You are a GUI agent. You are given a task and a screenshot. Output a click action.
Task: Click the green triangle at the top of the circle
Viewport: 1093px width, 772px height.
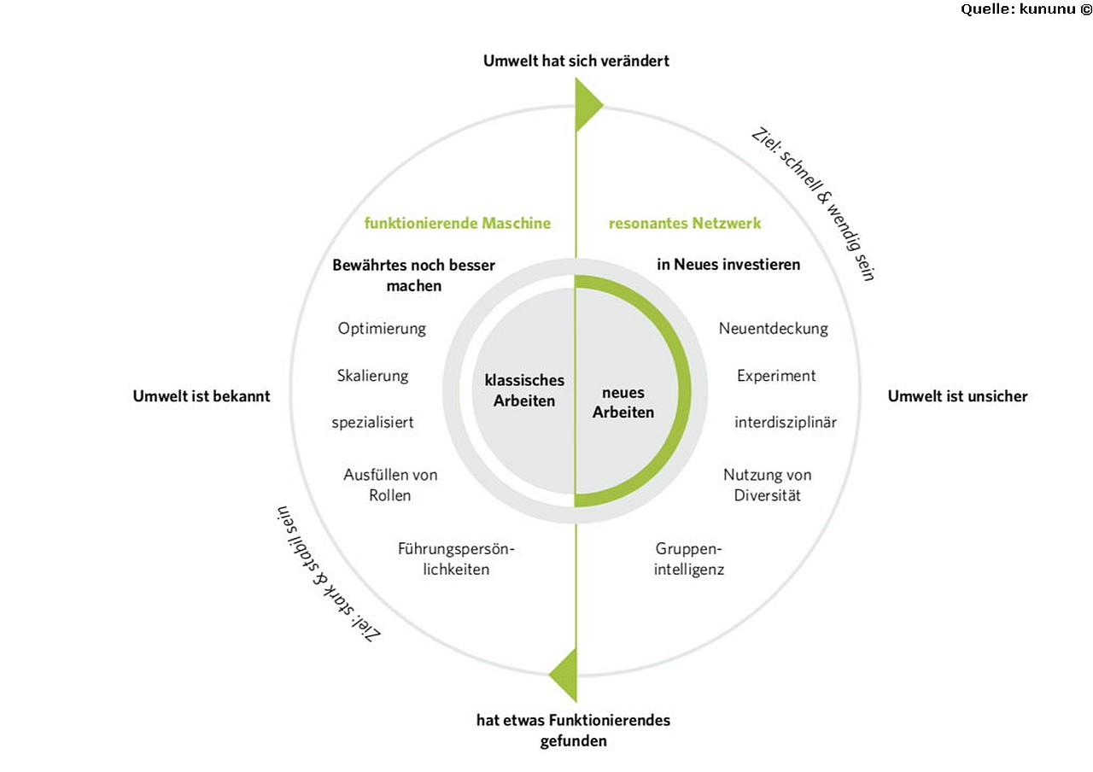[587, 104]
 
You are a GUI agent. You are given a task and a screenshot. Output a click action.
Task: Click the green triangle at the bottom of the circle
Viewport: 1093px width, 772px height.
[566, 675]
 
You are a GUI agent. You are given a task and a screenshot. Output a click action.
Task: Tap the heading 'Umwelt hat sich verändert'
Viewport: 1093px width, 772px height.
[576, 61]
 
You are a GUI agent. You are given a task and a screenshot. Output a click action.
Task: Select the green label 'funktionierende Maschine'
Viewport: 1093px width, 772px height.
[457, 224]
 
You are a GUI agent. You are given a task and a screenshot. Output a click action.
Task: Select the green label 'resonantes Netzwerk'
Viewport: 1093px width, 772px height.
[685, 224]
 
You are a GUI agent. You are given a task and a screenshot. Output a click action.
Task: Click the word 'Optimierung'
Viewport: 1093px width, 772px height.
[382, 329]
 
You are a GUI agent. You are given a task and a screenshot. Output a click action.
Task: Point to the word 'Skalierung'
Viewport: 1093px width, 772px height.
[373, 377]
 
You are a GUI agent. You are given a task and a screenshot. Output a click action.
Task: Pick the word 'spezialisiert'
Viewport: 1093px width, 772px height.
[373, 423]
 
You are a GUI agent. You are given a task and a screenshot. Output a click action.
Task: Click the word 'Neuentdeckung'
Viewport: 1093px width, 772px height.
[774, 329]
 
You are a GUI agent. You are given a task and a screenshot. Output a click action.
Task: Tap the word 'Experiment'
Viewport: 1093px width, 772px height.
[776, 376]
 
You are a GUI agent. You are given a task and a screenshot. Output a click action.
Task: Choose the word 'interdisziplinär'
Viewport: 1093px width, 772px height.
[786, 422]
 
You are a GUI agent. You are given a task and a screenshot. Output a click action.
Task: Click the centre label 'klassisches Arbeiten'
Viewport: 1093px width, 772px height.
[524, 390]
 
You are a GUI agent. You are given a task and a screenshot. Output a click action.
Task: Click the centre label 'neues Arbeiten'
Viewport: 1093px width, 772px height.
[623, 402]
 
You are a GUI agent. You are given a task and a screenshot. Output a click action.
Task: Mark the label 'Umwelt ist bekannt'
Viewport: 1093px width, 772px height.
[202, 396]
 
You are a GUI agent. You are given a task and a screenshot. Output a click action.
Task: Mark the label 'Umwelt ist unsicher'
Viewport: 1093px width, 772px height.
[957, 396]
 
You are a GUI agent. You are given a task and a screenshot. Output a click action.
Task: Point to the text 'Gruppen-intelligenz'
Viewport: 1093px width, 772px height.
[689, 559]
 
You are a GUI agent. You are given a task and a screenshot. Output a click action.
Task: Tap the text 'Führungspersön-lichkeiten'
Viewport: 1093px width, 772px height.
[456, 559]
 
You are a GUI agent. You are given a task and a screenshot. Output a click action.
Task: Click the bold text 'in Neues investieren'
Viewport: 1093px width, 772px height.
[728, 265]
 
